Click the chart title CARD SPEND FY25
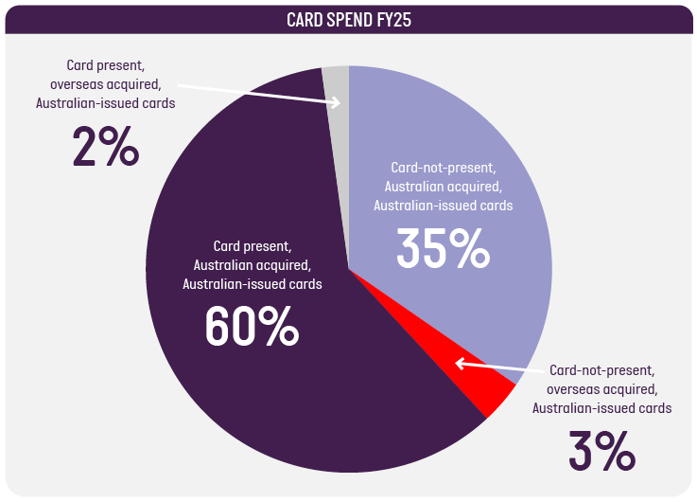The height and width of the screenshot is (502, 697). click(x=348, y=19)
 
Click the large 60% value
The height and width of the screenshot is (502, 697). click(x=252, y=326)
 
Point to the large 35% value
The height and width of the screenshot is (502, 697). click(x=443, y=248)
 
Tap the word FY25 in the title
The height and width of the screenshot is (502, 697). click(x=392, y=19)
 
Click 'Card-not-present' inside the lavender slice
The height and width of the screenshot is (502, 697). click(x=443, y=167)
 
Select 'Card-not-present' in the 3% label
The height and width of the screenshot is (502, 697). click(x=601, y=369)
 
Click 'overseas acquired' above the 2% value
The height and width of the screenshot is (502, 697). click(x=106, y=83)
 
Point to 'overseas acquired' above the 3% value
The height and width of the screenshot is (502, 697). click(x=601, y=388)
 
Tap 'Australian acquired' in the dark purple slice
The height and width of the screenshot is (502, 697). click(x=252, y=265)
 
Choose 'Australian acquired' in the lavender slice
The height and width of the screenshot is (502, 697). click(x=443, y=186)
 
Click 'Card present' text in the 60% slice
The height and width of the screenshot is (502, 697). click(x=252, y=246)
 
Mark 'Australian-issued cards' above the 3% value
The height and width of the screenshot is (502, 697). click(x=601, y=408)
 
